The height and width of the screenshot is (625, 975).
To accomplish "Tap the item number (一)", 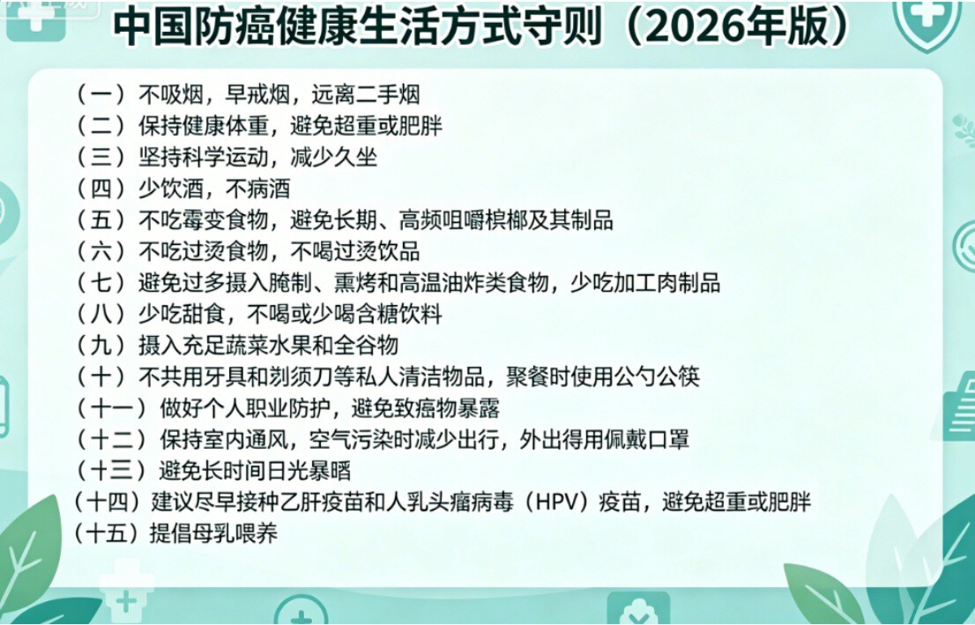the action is coord(100,94).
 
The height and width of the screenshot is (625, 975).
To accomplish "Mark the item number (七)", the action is coord(100,283).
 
